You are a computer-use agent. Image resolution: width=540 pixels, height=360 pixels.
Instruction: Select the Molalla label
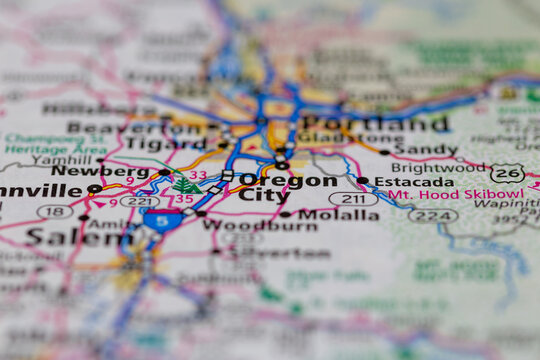coord(323,214)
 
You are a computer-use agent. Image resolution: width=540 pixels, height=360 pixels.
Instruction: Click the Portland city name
coord(375,124)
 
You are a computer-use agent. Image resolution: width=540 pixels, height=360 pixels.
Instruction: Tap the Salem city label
coord(66,237)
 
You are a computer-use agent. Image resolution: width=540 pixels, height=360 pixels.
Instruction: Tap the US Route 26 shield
coord(507,173)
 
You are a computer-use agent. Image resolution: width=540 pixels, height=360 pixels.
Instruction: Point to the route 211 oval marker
coord(353,199)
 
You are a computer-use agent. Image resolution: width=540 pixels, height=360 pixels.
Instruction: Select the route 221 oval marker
coord(140,201)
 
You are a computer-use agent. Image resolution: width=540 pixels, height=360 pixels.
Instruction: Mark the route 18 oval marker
coord(55,212)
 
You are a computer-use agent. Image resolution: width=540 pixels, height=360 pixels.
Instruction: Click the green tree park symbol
coord(185,185)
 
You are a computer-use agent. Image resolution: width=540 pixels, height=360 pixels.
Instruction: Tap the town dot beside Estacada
coord(362,181)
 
